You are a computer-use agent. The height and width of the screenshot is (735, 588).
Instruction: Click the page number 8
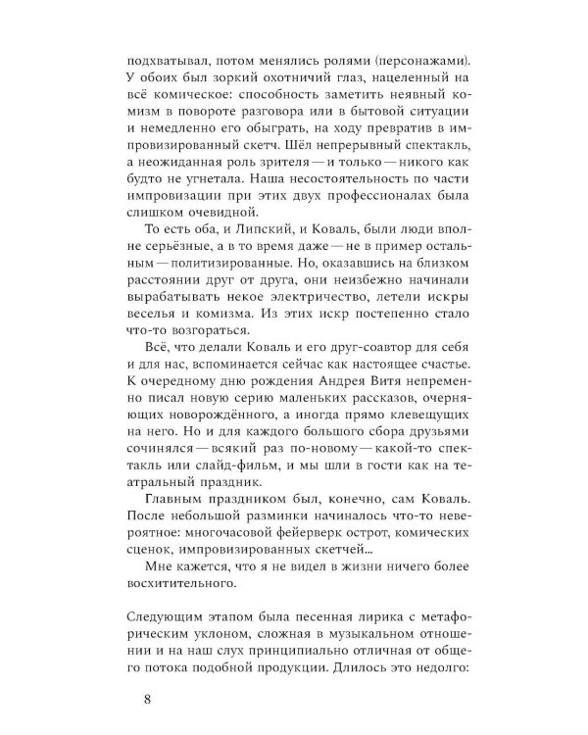tap(147, 699)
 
